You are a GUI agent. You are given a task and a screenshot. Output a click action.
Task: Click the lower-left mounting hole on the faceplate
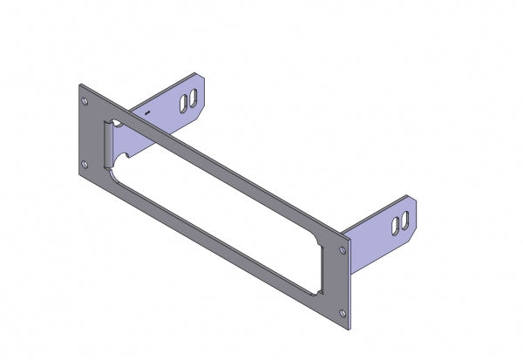(84, 164)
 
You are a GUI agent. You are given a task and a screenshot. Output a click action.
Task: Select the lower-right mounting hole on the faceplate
(346, 310)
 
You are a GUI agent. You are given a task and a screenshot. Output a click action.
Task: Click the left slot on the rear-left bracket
(182, 103)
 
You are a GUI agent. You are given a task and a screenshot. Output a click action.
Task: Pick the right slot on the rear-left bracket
(191, 98)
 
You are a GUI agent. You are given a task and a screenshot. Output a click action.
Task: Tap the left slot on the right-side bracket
(397, 225)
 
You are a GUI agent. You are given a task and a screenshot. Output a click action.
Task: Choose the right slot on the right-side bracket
(405, 220)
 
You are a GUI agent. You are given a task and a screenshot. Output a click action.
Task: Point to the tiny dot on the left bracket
(149, 113)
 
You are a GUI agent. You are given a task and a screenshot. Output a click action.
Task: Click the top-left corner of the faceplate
(80, 85)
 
